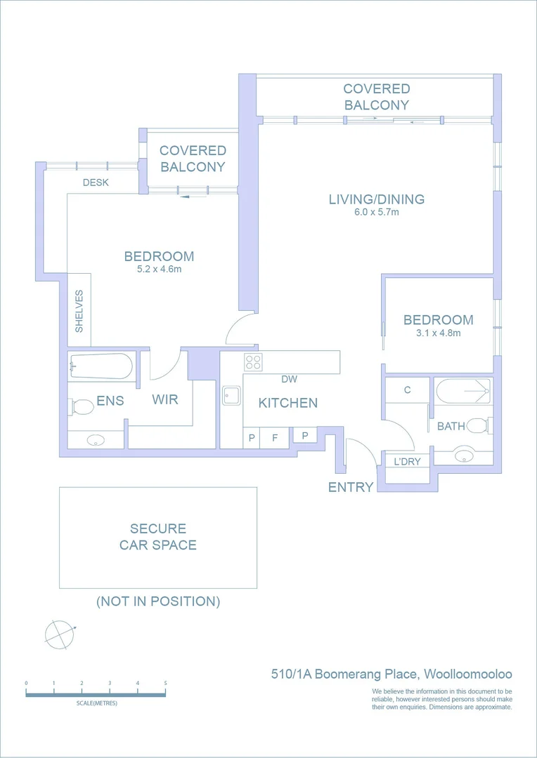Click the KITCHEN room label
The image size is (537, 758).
(287, 403)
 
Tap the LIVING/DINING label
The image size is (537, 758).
(376, 199)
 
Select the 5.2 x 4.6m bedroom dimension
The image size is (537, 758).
(159, 269)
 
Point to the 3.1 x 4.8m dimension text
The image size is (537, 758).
(438, 333)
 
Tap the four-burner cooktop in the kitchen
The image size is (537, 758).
(252, 362)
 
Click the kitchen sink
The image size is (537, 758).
(231, 397)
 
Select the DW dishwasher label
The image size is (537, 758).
(289, 380)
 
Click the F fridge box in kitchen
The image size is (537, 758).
(275, 437)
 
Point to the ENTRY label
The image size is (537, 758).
(350, 487)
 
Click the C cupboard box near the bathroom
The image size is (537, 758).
(408, 390)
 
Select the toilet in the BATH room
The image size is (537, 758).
(479, 425)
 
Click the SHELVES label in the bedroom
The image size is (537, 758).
(79, 311)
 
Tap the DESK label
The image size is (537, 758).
(96, 182)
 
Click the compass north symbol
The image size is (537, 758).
(59, 634)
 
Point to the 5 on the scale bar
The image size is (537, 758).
(165, 683)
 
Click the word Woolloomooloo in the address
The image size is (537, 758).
(468, 674)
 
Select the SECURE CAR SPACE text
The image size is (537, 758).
(157, 537)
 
